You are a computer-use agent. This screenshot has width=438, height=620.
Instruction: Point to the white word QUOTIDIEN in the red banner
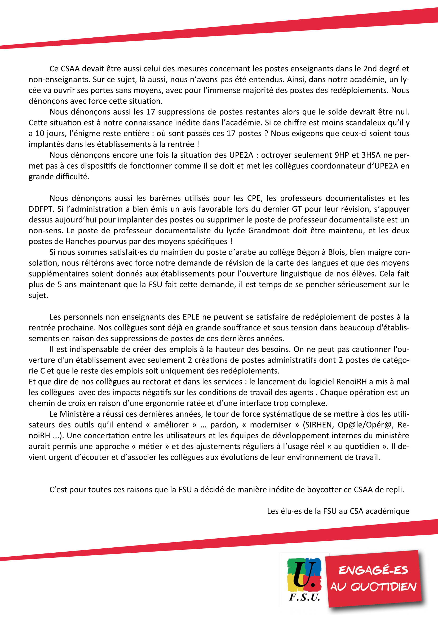coord(383,587)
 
